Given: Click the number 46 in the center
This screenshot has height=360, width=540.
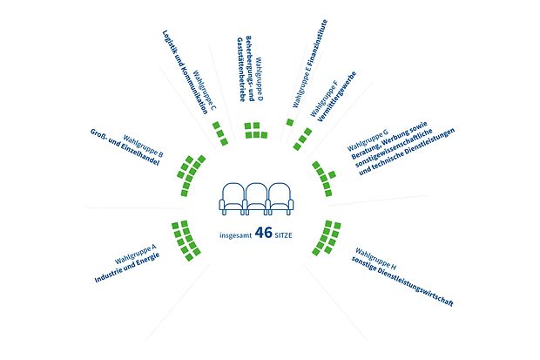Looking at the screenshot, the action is point(263,233).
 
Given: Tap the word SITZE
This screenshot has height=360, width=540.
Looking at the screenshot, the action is point(283,235).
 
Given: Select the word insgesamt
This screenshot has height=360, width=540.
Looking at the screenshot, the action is point(235,235).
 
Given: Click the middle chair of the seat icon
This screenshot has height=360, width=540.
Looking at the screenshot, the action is point(256,199).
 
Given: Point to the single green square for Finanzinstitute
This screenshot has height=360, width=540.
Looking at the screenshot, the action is point(290,122).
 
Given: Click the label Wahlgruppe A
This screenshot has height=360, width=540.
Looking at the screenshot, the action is point(135,254).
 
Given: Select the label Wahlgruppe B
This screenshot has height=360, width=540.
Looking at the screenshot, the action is point(143,146).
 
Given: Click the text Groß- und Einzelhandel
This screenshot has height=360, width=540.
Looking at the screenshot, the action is point(125,147).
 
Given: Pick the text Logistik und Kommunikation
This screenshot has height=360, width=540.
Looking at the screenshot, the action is point(185,72).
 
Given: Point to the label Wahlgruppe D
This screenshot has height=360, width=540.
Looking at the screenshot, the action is point(260,79).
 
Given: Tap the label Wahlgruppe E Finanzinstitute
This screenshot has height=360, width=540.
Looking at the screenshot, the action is point(310,63).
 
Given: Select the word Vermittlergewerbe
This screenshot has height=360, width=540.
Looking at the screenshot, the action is point(337,97).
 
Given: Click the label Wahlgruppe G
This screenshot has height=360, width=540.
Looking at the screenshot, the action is point(368,140).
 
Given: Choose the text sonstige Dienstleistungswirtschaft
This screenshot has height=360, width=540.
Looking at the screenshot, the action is point(402,282).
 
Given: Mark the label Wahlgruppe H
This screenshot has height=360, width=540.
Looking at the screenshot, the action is point(375,259).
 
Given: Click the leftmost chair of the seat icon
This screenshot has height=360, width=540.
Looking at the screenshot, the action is point(233,199).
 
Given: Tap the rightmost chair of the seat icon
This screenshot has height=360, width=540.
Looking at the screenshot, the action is point(281,199).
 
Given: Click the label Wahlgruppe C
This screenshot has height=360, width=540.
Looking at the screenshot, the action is point(205,91).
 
